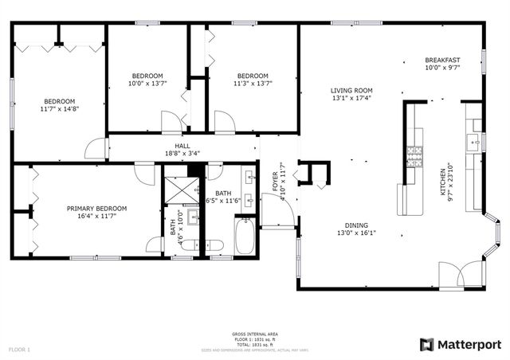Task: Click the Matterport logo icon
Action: [427, 344]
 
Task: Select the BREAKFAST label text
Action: [442, 61]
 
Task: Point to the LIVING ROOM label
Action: [351, 91]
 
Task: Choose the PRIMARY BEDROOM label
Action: [96, 209]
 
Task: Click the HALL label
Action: [182, 146]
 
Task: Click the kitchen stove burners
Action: [414, 151]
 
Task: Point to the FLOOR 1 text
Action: [19, 349]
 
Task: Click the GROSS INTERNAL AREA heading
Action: [255, 334]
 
